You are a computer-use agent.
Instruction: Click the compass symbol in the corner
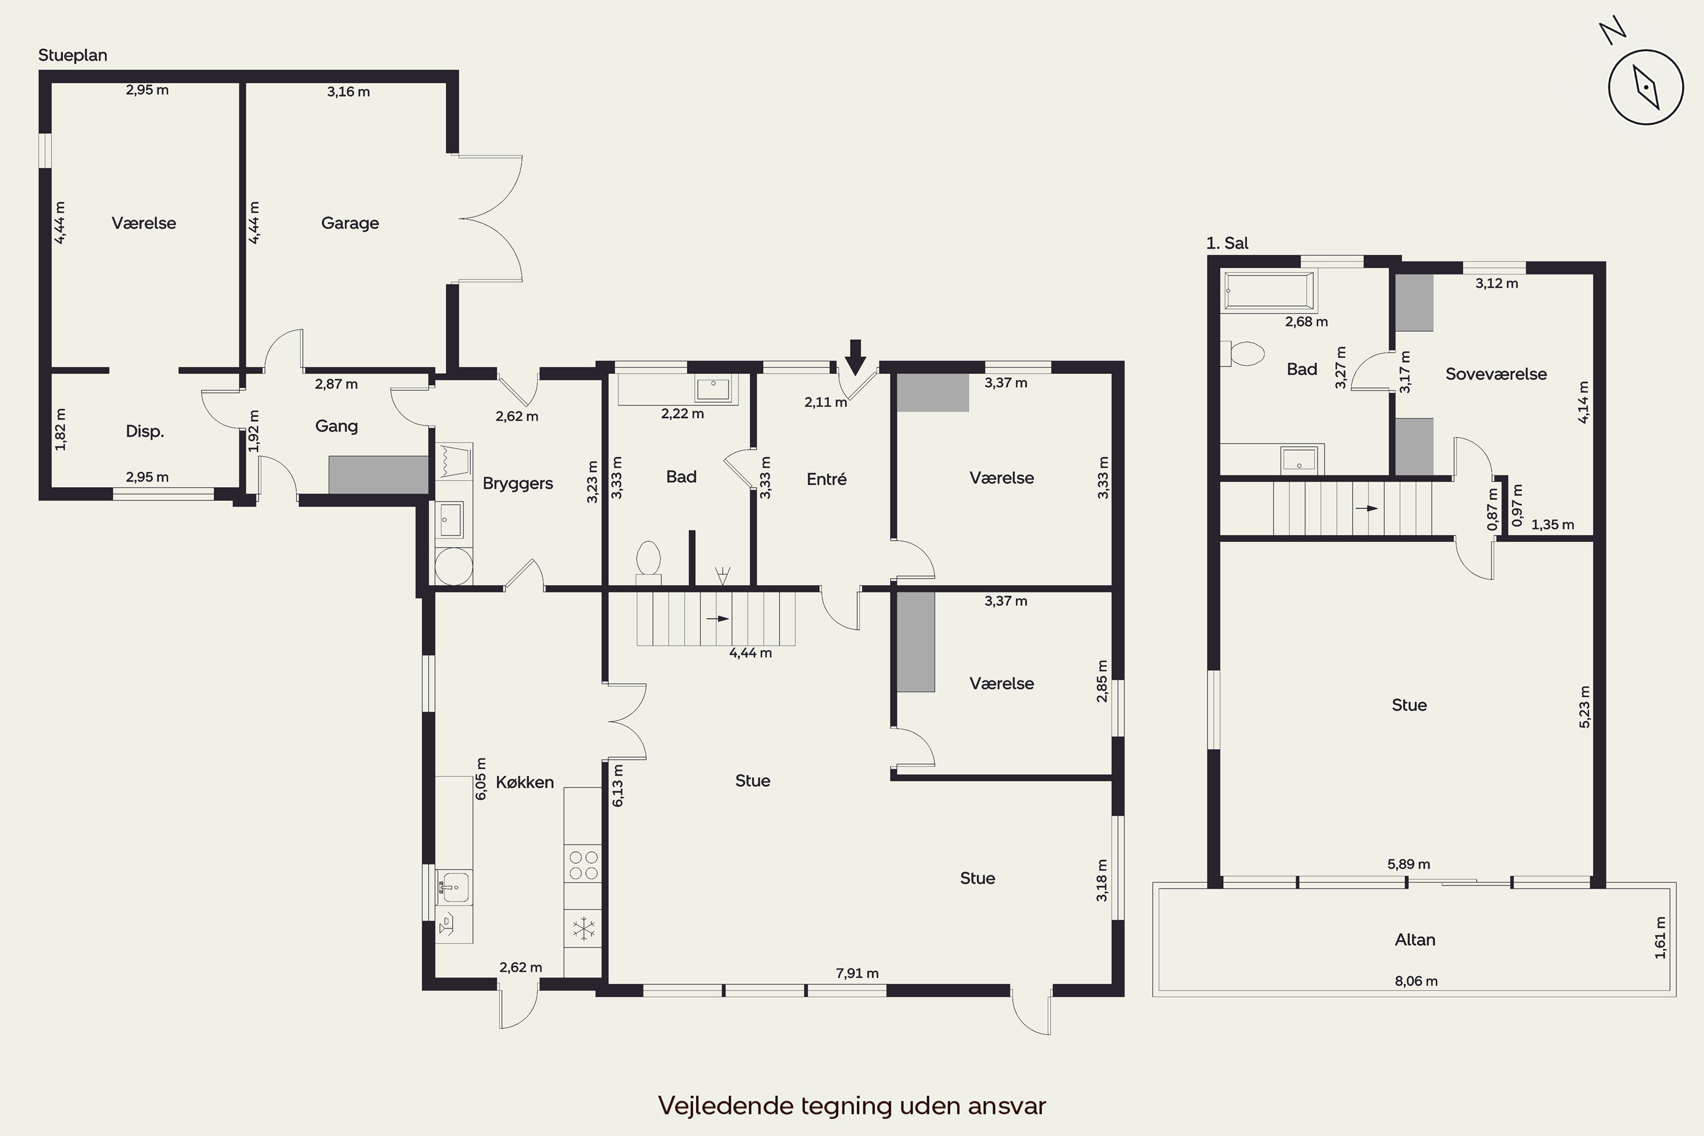pos(1645,87)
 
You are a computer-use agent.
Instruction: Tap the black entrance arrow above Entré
pos(855,357)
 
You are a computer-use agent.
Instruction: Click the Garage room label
pos(350,223)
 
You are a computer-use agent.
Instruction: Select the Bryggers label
pos(517,484)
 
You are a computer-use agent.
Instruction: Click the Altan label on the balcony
pos(1415,939)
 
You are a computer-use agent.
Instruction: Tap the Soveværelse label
pos(1496,374)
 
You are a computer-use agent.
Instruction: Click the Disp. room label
pos(145,432)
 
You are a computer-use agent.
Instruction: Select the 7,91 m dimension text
pos(857,973)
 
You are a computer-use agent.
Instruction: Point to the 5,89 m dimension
pos(1409,863)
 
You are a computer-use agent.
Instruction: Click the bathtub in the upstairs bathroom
pos(1268,291)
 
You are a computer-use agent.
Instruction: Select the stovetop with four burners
pos(583,865)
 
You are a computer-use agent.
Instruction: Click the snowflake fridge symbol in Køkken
pos(583,928)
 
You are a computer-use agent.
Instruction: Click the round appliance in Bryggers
pos(453,566)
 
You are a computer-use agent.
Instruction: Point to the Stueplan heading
pos(73,56)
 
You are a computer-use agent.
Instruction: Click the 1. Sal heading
pos(1227,244)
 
